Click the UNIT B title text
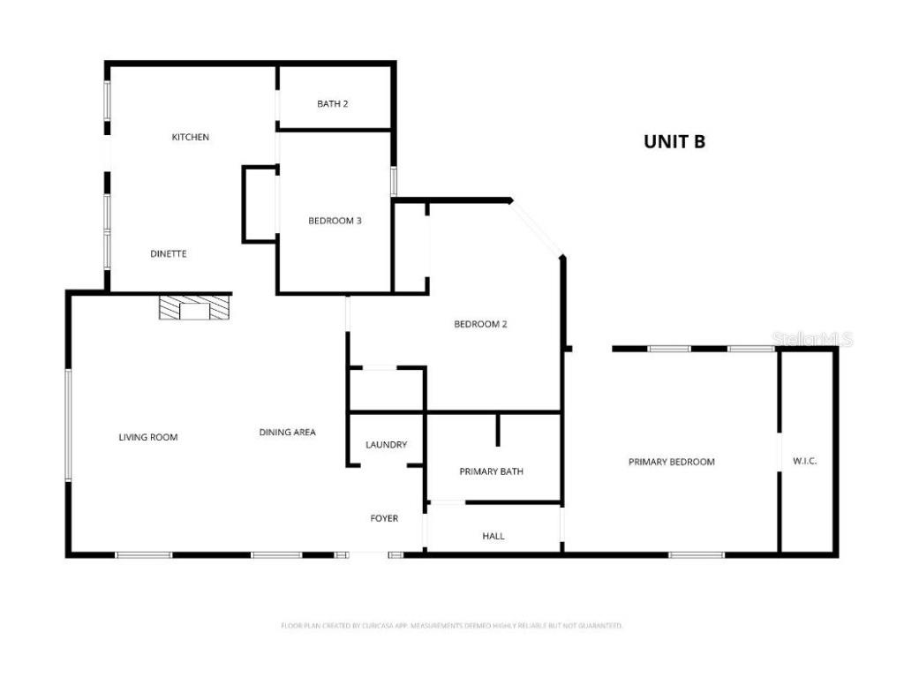[674, 141]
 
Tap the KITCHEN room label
[191, 137]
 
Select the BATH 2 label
[333, 103]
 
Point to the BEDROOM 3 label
[335, 221]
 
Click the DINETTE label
[168, 253]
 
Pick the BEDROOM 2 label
[480, 324]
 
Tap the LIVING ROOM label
[148, 437]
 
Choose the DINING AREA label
[287, 433]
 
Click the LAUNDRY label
[386, 444]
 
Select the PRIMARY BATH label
[491, 471]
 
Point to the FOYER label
[384, 518]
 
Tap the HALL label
[493, 536]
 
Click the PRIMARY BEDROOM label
[671, 462]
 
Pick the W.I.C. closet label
[804, 461]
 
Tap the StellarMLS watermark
[811, 339]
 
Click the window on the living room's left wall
[68, 426]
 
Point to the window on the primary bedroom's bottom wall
[697, 554]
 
